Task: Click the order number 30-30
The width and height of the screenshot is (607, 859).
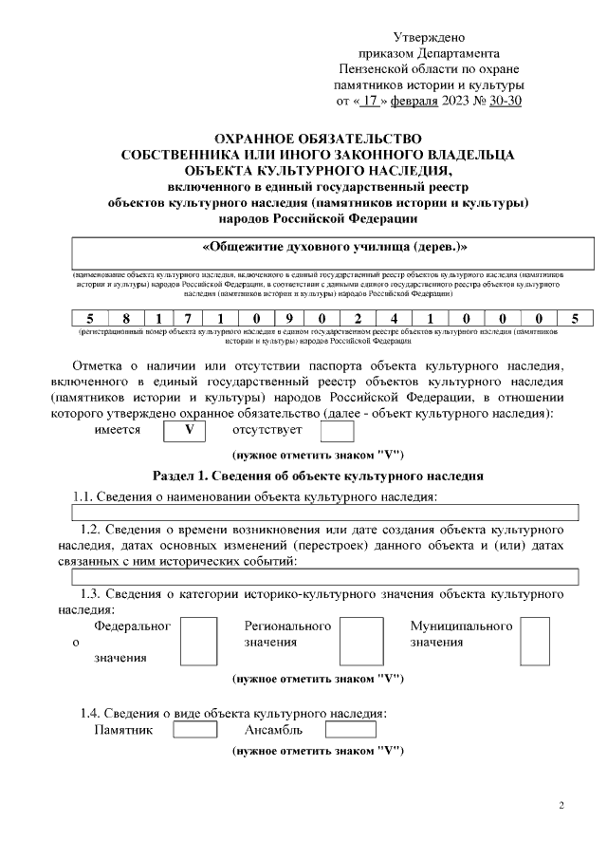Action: click(x=504, y=100)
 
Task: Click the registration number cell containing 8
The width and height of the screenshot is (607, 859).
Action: click(x=126, y=318)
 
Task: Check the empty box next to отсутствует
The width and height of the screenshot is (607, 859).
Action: click(x=337, y=431)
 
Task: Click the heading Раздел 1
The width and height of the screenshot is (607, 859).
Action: click(x=318, y=475)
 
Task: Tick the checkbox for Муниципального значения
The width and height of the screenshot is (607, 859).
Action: click(x=535, y=642)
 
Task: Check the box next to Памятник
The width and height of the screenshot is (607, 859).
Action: click(x=195, y=730)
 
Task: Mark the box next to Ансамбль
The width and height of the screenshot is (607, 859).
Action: click(x=350, y=730)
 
